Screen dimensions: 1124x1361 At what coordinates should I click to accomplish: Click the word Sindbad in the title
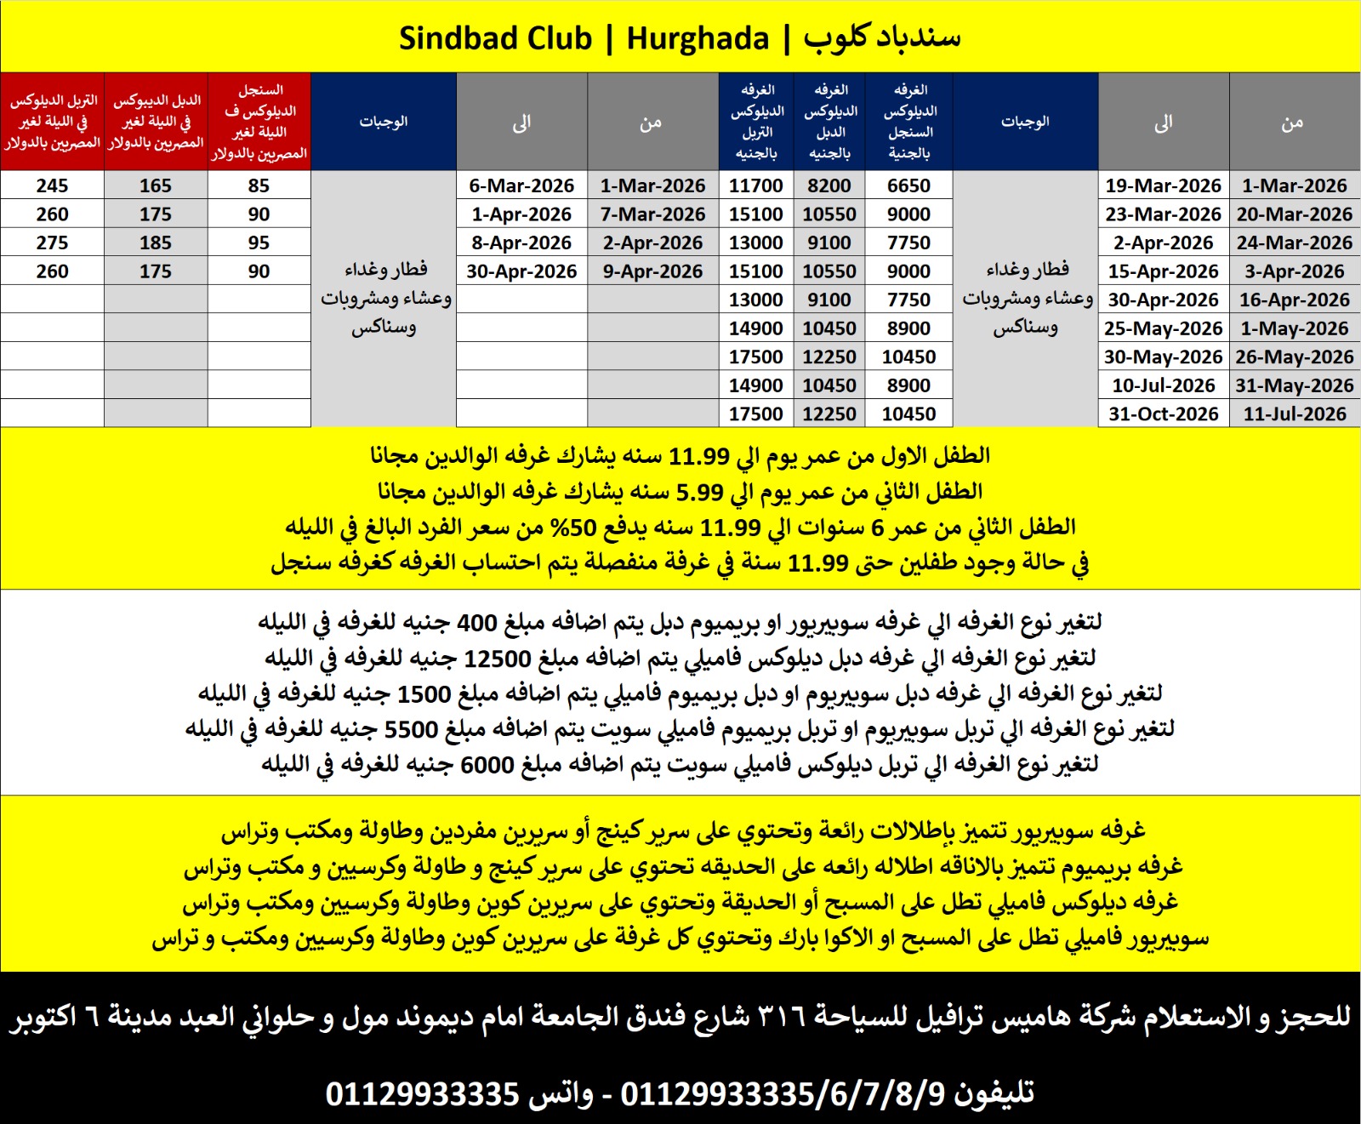495,38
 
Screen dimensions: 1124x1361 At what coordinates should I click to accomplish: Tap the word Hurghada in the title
698,38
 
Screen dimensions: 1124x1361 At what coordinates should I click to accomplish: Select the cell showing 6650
908,185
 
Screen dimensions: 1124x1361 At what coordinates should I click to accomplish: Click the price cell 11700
756,185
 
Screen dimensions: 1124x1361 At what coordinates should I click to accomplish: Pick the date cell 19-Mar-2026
1163,185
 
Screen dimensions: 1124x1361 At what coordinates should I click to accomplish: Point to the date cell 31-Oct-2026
1163,414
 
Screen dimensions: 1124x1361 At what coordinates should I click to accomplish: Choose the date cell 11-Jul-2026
1294,414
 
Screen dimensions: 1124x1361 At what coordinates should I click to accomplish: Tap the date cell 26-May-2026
1294,357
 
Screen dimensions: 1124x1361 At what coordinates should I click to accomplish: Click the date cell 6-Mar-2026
521,185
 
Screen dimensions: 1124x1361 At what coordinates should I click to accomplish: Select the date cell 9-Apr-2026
652,271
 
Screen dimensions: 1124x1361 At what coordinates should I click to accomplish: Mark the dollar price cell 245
52,185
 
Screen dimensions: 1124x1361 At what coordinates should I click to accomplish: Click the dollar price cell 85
259,185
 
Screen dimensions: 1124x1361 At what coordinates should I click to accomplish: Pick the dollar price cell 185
156,242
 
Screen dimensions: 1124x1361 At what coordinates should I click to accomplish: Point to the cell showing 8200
829,185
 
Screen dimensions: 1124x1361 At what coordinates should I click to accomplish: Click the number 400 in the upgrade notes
476,622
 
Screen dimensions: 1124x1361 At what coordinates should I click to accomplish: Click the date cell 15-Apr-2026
1163,271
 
